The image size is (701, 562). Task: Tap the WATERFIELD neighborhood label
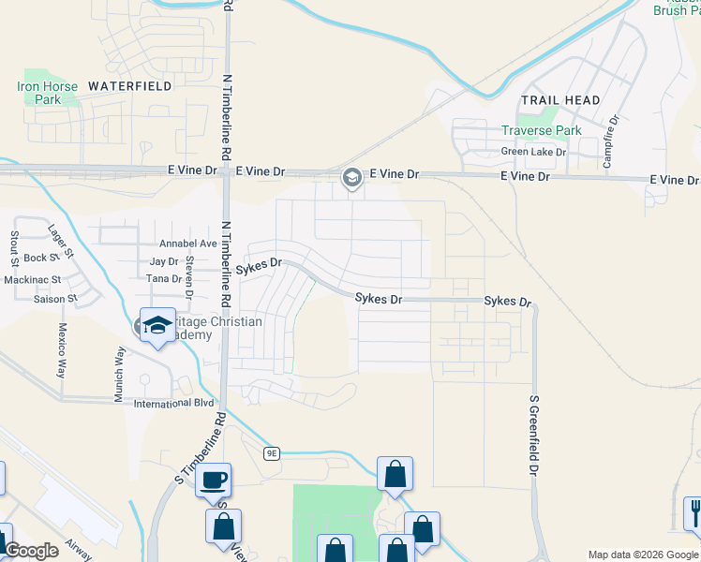(x=129, y=85)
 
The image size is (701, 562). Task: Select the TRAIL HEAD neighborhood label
(x=561, y=100)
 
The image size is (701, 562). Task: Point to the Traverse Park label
(x=541, y=130)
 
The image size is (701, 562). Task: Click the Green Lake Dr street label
(x=534, y=152)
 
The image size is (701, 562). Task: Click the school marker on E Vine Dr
(x=352, y=177)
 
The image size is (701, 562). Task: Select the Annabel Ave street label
(x=189, y=244)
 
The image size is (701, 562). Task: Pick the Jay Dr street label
(x=164, y=263)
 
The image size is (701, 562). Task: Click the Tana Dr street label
(x=163, y=279)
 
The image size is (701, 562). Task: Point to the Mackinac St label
(x=32, y=279)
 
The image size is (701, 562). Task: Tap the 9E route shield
(x=272, y=453)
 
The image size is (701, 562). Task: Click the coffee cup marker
(x=214, y=481)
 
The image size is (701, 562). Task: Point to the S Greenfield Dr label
(x=534, y=434)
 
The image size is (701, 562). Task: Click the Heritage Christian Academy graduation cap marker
(x=157, y=325)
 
